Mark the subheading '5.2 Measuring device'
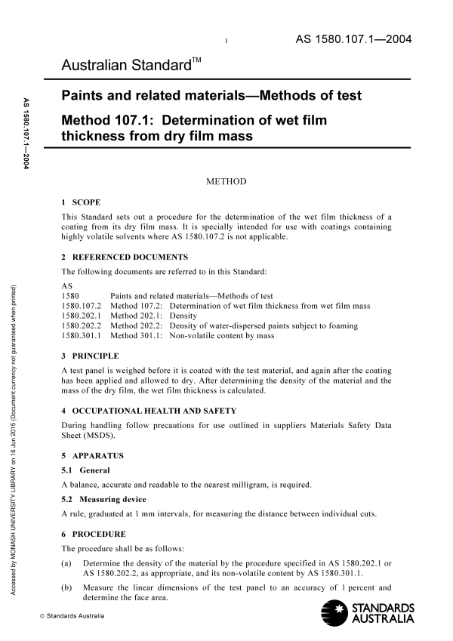[104, 499]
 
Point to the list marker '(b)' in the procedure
[66, 587]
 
